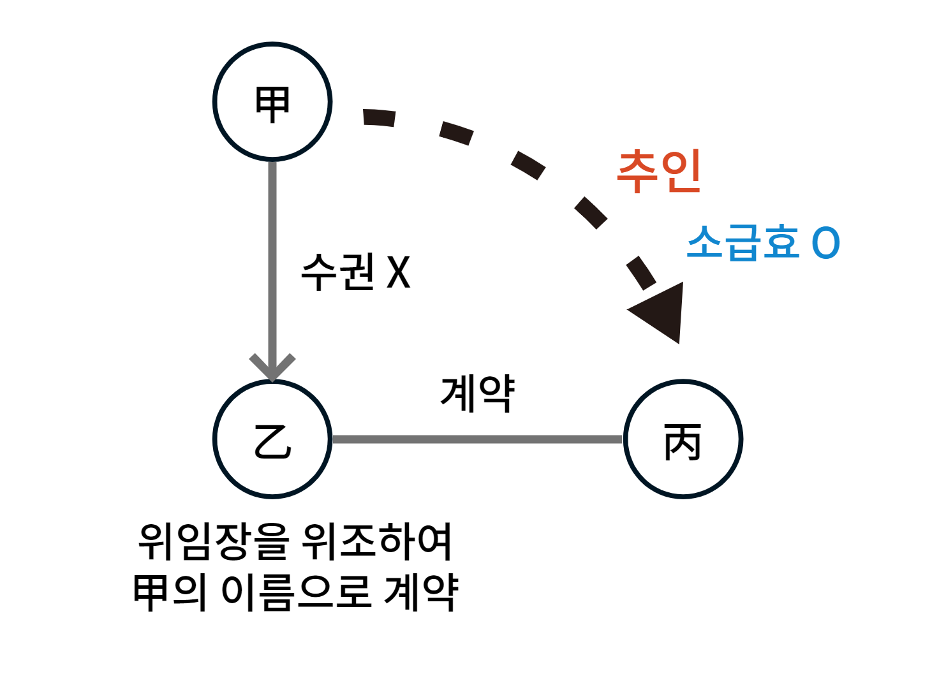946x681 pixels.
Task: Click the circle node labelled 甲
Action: (x=272, y=101)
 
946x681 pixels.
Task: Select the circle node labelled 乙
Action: (x=272, y=439)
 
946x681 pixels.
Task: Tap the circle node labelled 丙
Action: (x=683, y=439)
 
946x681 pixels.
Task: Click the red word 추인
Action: (x=659, y=170)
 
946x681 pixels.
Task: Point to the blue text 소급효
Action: (x=743, y=242)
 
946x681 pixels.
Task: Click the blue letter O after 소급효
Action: (x=825, y=243)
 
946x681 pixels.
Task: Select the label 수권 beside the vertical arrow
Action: (x=338, y=272)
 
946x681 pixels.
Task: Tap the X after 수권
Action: (x=399, y=273)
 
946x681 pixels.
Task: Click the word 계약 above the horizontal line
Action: (x=477, y=393)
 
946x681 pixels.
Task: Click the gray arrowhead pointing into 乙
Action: (x=272, y=366)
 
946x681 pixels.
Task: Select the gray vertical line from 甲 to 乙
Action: (x=272, y=255)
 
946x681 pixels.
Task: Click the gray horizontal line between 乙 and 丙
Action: (x=477, y=439)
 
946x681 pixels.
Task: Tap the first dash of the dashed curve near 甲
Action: (x=379, y=118)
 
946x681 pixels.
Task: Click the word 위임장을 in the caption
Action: (x=214, y=542)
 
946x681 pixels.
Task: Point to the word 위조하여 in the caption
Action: (x=377, y=542)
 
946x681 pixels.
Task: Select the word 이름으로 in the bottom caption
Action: (x=296, y=592)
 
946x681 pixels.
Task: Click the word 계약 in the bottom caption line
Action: (x=422, y=592)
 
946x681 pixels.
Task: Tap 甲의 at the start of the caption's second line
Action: (x=170, y=592)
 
